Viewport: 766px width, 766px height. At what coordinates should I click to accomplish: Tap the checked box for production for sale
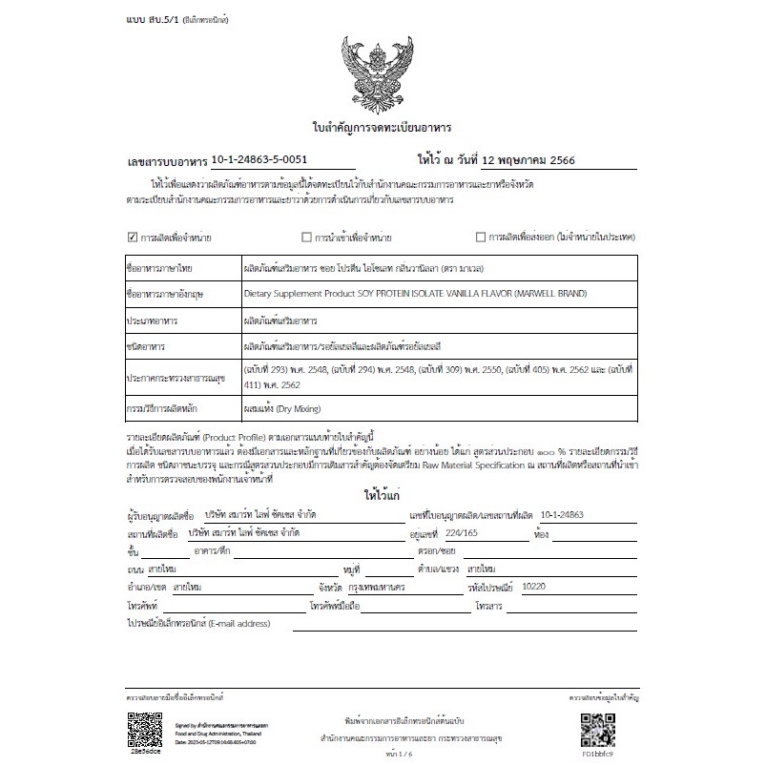133,237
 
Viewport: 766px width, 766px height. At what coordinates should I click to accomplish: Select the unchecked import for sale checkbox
306,237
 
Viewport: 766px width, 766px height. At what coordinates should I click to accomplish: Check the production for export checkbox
481,237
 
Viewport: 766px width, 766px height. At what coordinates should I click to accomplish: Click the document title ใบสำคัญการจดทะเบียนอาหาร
382,127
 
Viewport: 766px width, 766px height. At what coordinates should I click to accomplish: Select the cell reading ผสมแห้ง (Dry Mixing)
278,408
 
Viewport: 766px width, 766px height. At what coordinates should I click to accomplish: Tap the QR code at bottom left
144,729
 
